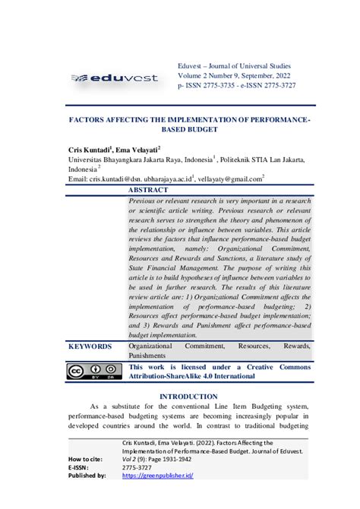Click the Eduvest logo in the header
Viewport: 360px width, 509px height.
[113, 77]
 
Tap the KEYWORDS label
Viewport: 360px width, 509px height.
[90, 346]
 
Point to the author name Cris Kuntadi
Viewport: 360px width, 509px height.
[90, 150]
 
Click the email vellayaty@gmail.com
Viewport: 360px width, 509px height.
[226, 179]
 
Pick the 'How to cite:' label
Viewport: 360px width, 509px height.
[87, 460]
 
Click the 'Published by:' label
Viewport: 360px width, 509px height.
[87, 476]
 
